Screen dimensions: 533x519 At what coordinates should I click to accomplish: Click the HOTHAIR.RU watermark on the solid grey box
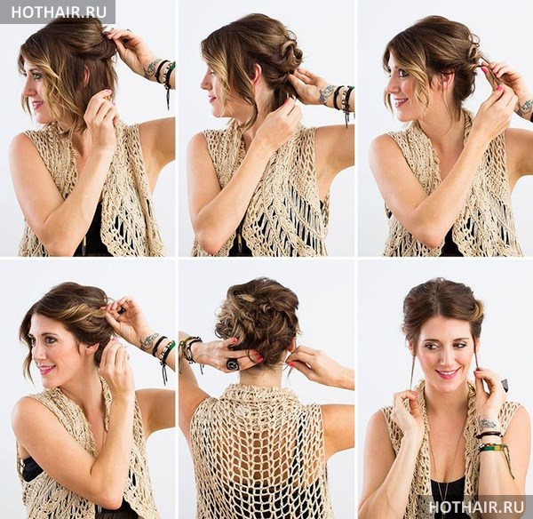tap(59, 12)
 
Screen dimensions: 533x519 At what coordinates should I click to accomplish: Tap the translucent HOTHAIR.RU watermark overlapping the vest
tap(476, 507)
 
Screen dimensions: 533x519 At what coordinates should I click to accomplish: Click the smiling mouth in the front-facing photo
tap(448, 373)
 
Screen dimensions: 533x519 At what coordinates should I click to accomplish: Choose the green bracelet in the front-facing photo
tap(493, 448)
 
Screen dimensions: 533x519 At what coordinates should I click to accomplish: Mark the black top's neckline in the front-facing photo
tap(447, 483)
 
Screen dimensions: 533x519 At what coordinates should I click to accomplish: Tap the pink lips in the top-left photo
tap(36, 104)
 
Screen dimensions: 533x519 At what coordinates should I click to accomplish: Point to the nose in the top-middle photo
tap(205, 83)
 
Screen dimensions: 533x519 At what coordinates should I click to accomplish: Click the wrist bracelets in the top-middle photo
tap(343, 102)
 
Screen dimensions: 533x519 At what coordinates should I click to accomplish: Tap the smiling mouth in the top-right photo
tap(401, 101)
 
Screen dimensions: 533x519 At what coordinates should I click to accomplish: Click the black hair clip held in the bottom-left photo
tap(121, 310)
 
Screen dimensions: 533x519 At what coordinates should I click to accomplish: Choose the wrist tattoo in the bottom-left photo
tap(149, 340)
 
